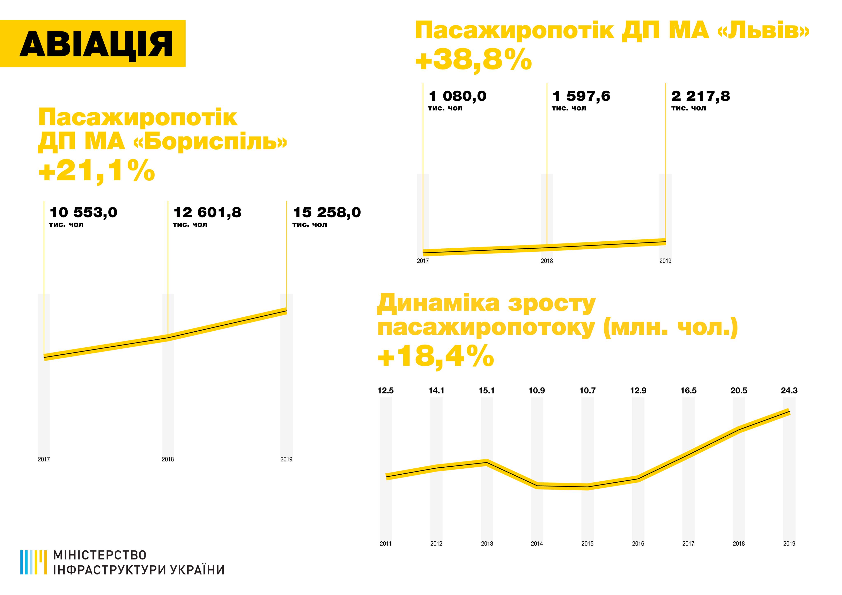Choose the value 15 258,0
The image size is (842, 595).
point(327,213)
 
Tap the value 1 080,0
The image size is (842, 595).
point(457,96)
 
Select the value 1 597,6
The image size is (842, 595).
point(581,96)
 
